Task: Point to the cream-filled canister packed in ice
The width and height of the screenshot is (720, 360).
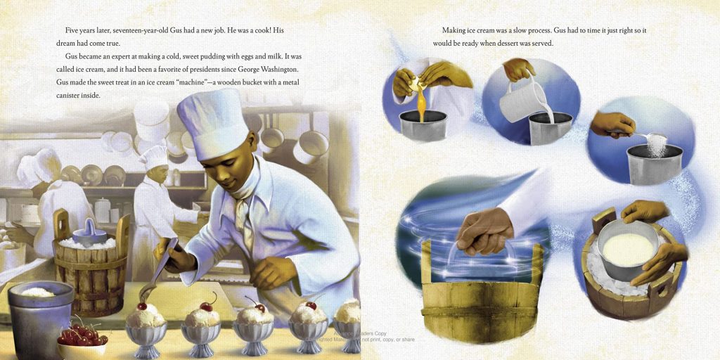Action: click(628, 250)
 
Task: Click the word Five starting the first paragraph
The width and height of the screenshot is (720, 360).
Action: click(72, 30)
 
